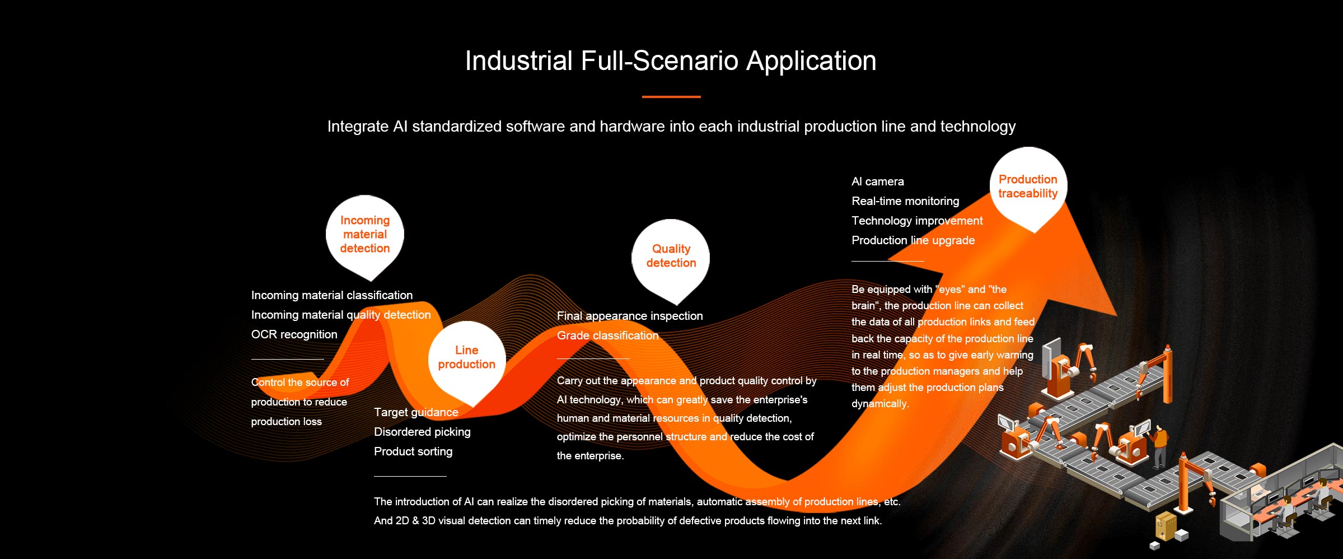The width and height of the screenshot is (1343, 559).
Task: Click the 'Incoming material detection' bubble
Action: [365, 235]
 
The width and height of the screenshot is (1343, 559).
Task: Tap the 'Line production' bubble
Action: [467, 360]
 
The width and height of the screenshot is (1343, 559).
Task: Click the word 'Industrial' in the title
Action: [519, 60]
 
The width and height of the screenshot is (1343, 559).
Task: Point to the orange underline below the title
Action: [671, 97]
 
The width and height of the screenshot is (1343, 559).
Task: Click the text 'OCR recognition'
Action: [294, 334]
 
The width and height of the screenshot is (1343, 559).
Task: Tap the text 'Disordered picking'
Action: [422, 432]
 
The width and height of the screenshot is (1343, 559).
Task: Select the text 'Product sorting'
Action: [413, 451]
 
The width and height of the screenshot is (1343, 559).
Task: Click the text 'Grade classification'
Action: [607, 336]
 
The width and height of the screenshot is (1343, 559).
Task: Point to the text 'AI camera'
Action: [878, 181]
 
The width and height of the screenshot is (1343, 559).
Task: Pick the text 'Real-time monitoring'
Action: [905, 201]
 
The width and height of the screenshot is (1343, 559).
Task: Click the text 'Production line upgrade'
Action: [913, 240]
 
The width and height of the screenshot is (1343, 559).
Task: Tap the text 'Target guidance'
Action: [416, 412]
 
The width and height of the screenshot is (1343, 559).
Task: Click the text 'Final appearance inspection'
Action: [630, 316]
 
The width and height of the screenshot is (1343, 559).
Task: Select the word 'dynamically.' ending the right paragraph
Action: [880, 404]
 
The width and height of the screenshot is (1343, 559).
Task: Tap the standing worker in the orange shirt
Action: [1159, 446]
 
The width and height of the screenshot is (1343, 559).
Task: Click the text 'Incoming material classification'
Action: [332, 295]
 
